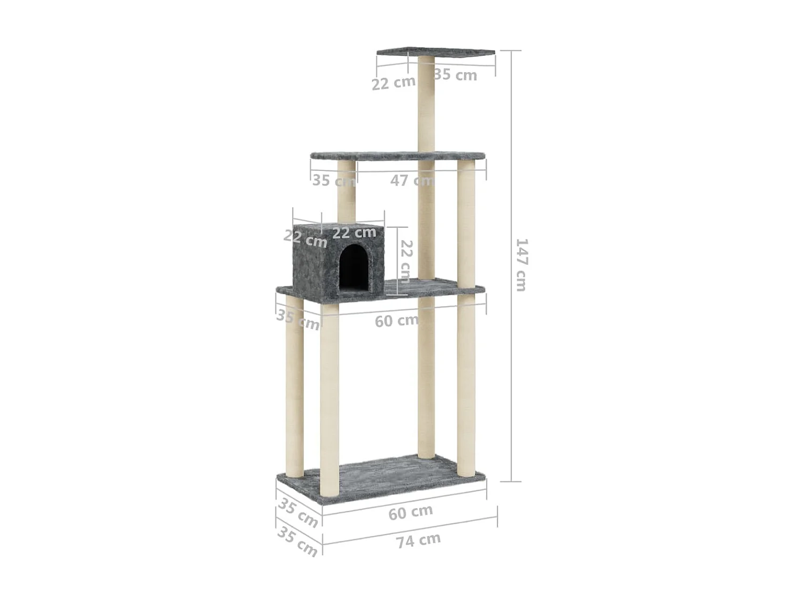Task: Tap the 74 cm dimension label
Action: (x=419, y=540)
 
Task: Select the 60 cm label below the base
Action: (x=411, y=512)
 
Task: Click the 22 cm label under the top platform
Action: (x=393, y=83)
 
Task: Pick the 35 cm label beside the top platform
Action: (x=455, y=75)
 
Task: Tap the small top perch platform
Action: (x=435, y=53)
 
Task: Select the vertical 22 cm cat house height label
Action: (x=406, y=262)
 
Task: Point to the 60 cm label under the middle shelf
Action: (x=397, y=321)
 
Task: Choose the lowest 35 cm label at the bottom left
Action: (x=297, y=541)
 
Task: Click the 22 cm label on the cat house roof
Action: (x=354, y=233)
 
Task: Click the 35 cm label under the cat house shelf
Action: (x=297, y=320)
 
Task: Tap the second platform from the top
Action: (x=397, y=157)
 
